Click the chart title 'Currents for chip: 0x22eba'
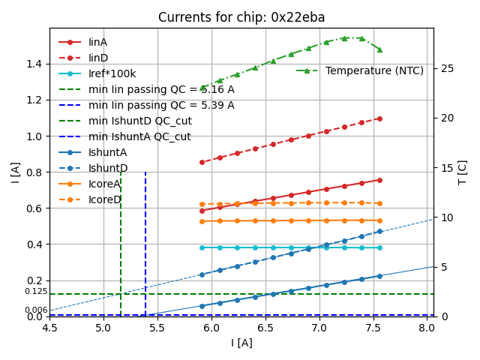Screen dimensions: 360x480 tap(241, 17)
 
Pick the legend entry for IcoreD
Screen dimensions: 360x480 tap(104, 199)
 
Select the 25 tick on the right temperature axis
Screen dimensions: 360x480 tap(443, 68)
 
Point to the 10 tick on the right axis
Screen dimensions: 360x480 tap(443, 217)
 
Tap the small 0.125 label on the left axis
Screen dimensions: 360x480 tap(36, 291)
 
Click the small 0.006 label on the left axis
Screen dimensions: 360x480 tap(36, 310)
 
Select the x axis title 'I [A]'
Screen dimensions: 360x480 tap(241, 343)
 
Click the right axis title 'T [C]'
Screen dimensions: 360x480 tap(462, 172)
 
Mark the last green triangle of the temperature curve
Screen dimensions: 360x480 tap(379, 49)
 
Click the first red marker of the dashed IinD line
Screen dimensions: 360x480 tap(202, 162)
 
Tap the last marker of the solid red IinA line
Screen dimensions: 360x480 tap(379, 180)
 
